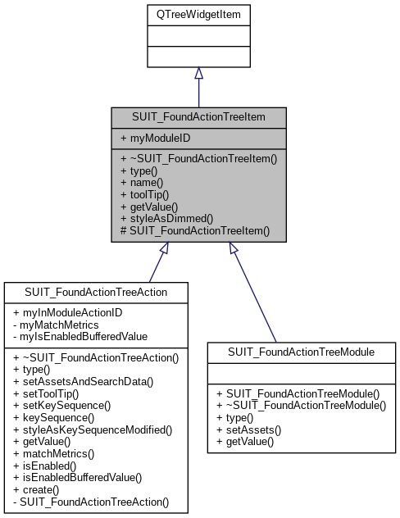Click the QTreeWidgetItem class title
(198, 14)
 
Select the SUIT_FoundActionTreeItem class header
(198, 117)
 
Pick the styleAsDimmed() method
(166, 219)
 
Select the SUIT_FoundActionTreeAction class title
(97, 293)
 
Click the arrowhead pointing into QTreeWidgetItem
(198, 74)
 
